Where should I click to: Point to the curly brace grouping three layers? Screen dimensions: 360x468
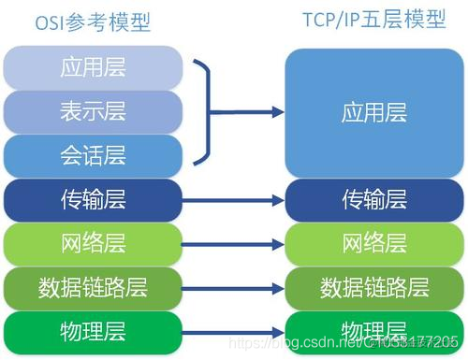pos(205,111)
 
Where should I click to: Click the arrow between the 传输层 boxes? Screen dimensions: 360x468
pos(233,199)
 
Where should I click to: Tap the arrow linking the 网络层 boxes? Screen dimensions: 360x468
pos(233,243)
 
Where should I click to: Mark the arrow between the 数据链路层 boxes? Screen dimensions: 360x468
pos(233,287)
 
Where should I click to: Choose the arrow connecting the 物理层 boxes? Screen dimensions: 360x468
pos(233,331)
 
